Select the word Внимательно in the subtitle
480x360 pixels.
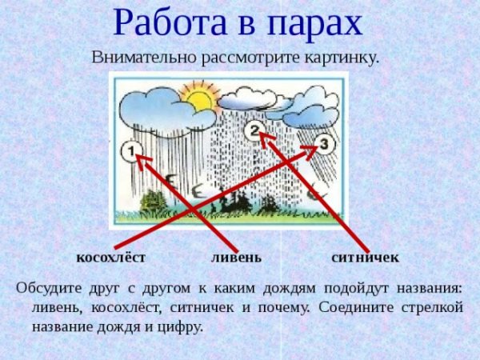coord(138,58)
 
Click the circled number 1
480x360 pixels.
coord(131,149)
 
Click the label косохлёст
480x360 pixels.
coord(110,258)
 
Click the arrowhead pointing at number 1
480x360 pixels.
coord(142,161)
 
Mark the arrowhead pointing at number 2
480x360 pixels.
coord(264,138)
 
